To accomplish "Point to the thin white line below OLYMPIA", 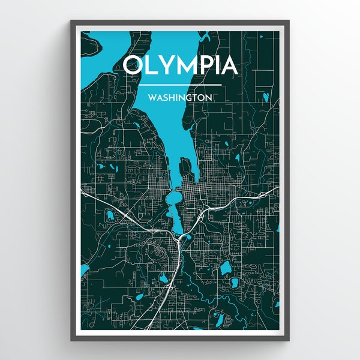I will point(180,85).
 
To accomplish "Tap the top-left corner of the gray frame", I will point(71,21).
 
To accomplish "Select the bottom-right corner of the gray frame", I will point(289,340).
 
